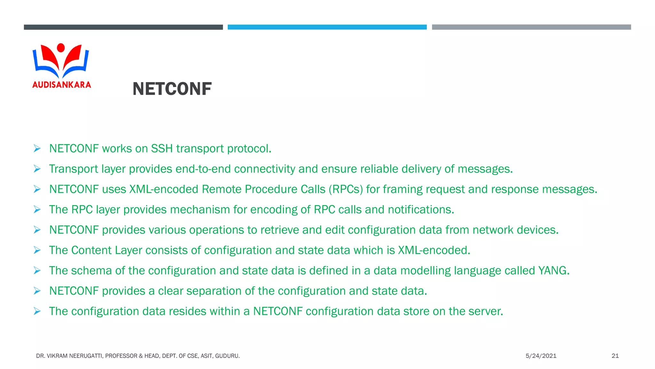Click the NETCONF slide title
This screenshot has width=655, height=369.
172,89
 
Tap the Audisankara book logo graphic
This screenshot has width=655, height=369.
61,61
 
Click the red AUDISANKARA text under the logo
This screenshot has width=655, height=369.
62,85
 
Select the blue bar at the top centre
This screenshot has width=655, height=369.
327,27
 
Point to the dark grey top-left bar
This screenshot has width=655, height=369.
123,27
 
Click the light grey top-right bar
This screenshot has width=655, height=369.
531,27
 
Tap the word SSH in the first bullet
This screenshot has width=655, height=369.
162,149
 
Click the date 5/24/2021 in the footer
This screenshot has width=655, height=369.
541,356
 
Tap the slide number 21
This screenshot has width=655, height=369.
615,356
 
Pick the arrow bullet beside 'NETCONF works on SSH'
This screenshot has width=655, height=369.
37,149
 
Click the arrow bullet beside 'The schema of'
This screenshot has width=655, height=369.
37,271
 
